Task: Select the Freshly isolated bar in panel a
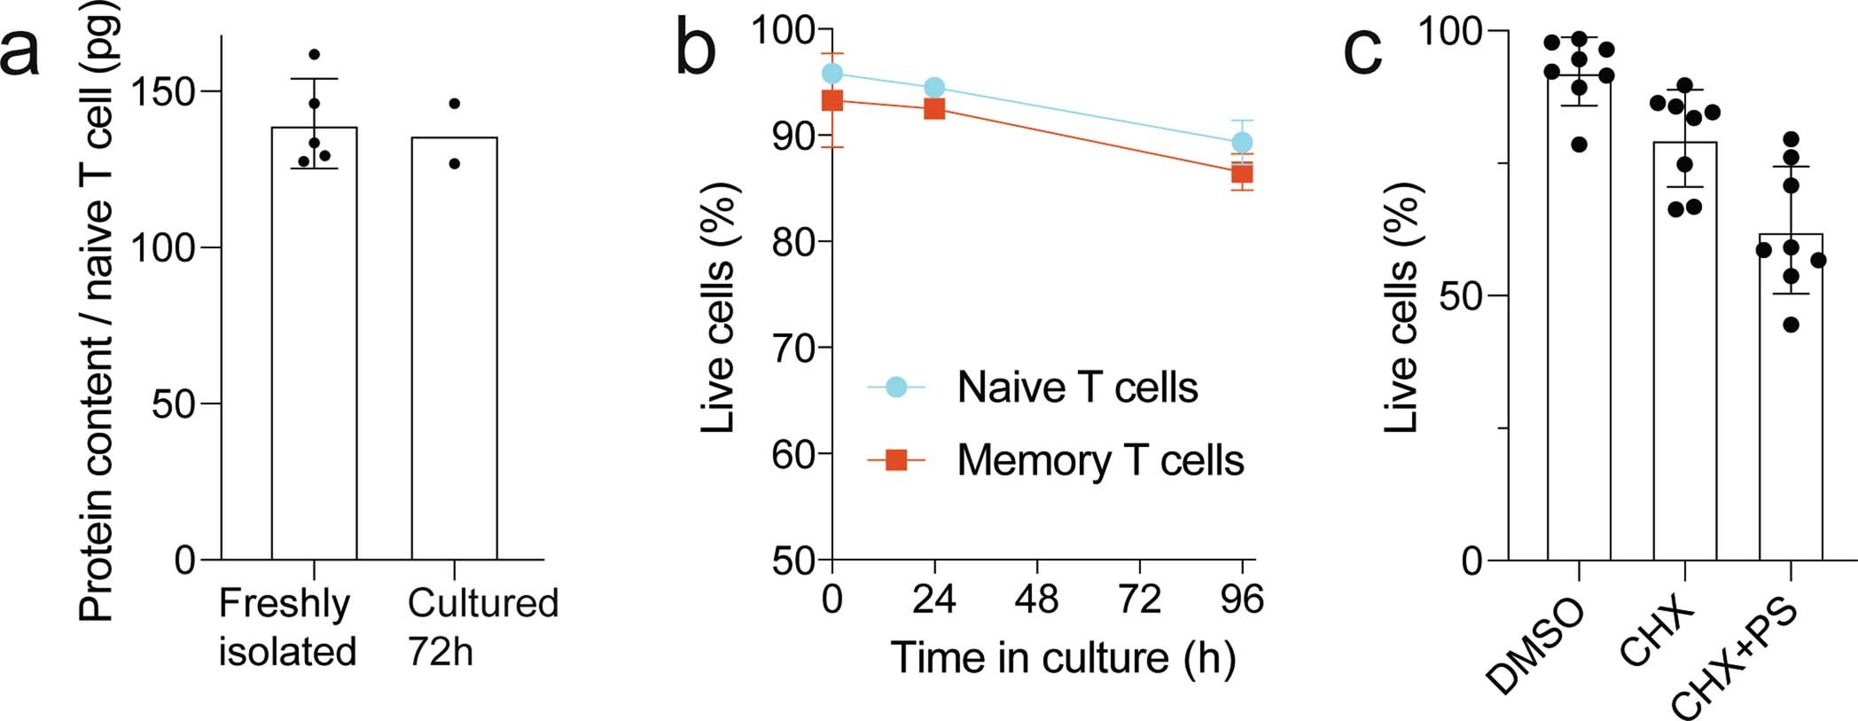[314, 355]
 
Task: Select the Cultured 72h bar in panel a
[454, 355]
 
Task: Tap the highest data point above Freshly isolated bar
[314, 55]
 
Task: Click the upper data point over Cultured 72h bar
[454, 104]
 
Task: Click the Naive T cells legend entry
[1076, 388]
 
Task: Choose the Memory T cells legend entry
[1099, 460]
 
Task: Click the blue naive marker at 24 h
[934, 88]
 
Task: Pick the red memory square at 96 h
[1243, 173]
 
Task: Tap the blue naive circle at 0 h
[832, 74]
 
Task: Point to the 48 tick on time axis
[1036, 600]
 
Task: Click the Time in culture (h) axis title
[1063, 658]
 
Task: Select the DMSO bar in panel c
[1579, 337]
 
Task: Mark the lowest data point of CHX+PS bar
[1791, 325]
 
